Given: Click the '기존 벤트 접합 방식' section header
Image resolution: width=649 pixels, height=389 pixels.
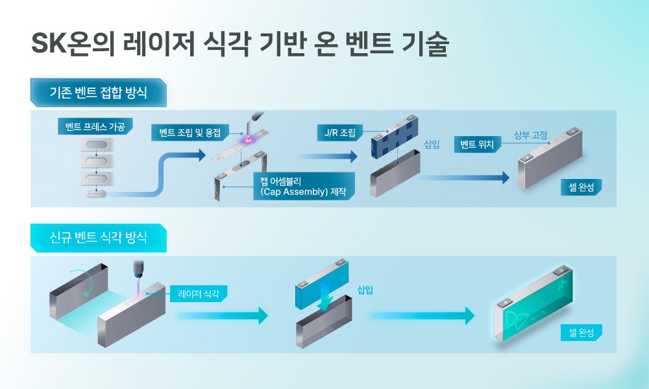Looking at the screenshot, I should coord(98,93).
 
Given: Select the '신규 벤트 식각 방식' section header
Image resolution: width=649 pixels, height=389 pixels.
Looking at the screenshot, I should coord(98,237).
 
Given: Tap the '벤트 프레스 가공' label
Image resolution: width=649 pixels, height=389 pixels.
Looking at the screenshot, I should coord(95,126).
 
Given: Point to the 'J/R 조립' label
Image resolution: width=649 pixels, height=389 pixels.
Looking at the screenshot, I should coord(340,132).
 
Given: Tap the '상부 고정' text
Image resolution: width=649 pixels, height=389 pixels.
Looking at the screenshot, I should coord(530,135).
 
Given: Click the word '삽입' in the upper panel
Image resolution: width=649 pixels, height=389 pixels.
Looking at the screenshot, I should coord(432,145).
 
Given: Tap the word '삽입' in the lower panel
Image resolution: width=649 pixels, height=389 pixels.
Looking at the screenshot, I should coord(365,289).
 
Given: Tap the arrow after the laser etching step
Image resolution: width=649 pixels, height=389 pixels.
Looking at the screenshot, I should coord(221,316).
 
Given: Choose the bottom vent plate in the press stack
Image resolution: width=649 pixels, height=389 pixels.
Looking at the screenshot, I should coord(95,193).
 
